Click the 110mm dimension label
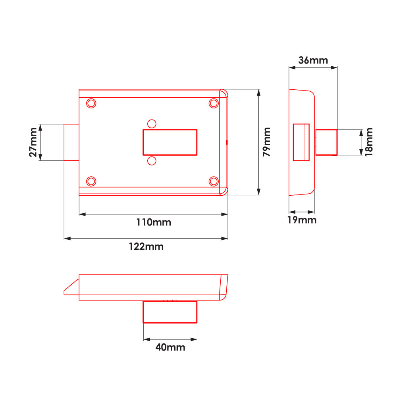tap(153, 222)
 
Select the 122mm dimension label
tap(146, 247)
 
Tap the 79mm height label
tap(266, 142)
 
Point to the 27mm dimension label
tap(33, 142)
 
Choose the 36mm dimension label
tap(313, 60)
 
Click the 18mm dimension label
tap(369, 142)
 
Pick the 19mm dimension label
tap(302, 220)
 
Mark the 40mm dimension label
tap(170, 347)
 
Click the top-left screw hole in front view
tap(91, 103)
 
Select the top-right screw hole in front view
tap(214, 103)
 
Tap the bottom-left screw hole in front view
tap(91, 181)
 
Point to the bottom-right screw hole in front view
tap(214, 181)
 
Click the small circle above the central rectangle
tap(151, 123)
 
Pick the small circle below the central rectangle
tap(151, 160)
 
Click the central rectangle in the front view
tap(170, 142)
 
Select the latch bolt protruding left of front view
tap(71, 142)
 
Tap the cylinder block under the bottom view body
tap(170, 312)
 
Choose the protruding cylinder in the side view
tap(326, 142)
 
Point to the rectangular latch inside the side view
tap(301, 142)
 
